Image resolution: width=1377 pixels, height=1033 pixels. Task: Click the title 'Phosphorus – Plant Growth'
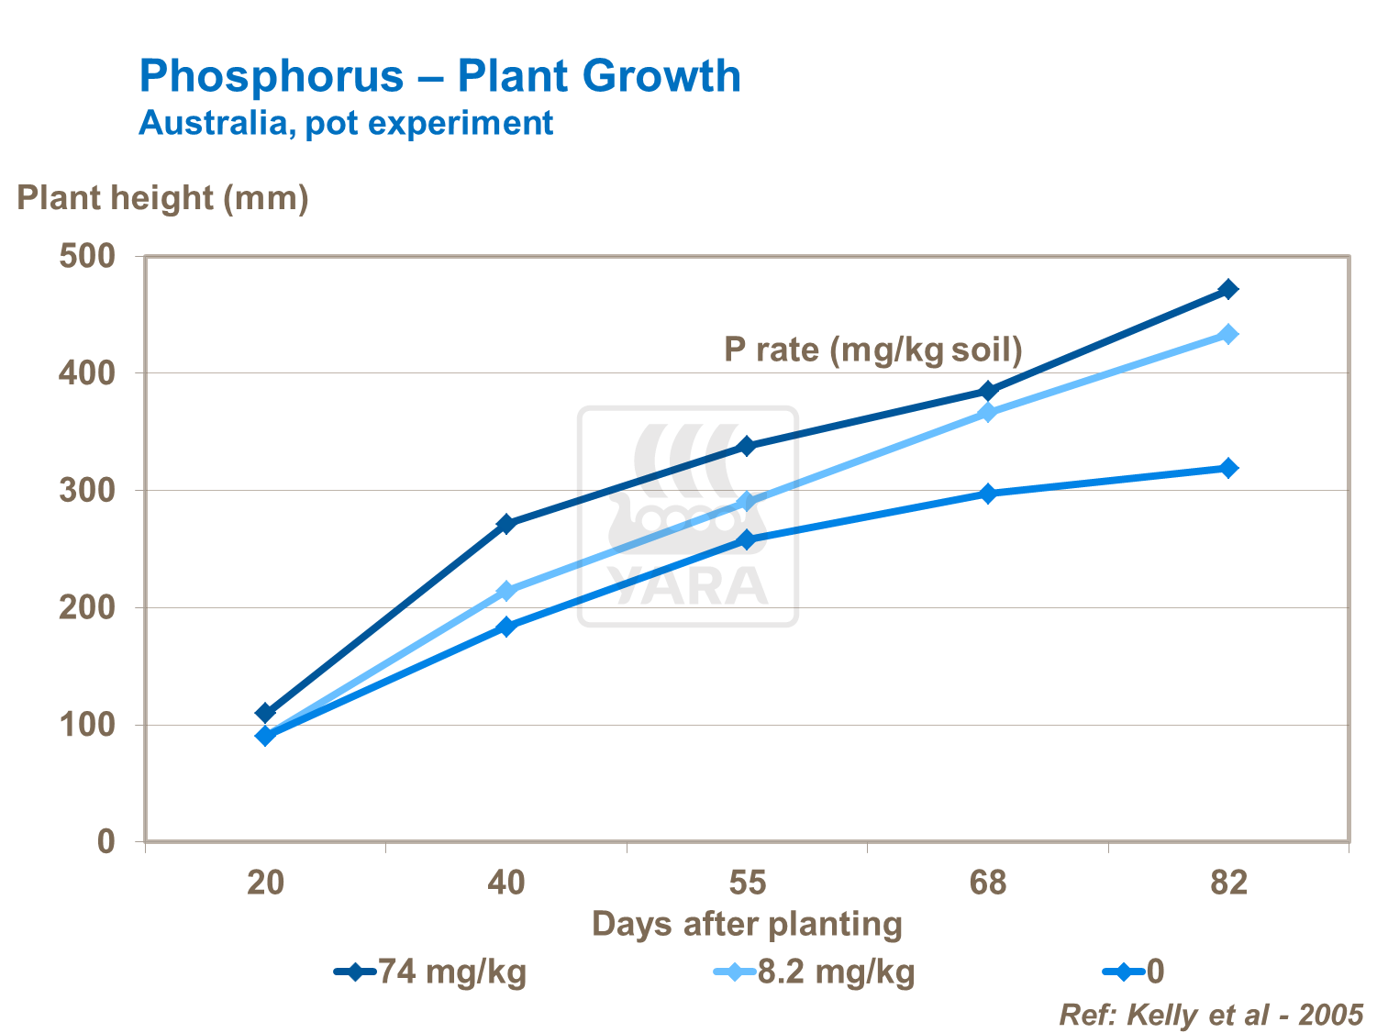click(439, 75)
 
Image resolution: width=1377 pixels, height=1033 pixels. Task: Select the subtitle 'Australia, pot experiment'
click(346, 123)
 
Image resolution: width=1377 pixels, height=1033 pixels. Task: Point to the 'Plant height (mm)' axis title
click(162, 197)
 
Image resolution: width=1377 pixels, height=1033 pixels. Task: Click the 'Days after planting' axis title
click(747, 924)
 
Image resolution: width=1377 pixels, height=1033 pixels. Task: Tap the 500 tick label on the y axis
click(87, 256)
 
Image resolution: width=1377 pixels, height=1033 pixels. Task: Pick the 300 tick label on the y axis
click(87, 491)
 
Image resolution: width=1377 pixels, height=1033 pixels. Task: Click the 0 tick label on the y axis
click(106, 841)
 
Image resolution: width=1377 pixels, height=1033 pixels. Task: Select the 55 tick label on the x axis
click(747, 883)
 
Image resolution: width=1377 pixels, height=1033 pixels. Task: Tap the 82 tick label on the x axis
click(1228, 883)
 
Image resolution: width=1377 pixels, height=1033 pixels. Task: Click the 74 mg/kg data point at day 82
click(1228, 290)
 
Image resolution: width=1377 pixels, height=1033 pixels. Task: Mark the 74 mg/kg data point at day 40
click(505, 524)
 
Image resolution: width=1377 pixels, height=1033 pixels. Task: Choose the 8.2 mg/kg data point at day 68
click(987, 413)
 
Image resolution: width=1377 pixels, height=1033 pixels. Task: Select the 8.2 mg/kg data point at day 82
click(1228, 334)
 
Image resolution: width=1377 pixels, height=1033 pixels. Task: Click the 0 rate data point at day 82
click(1228, 468)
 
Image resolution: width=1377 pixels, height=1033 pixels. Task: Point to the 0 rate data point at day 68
click(987, 494)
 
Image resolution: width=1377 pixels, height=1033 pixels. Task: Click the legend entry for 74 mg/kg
click(431, 972)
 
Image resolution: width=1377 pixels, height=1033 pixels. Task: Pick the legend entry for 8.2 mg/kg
click(815, 972)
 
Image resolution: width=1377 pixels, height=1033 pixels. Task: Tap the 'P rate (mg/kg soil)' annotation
click(872, 350)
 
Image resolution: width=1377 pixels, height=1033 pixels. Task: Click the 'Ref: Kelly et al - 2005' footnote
click(1211, 1015)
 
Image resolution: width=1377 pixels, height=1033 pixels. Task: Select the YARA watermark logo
click(688, 516)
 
